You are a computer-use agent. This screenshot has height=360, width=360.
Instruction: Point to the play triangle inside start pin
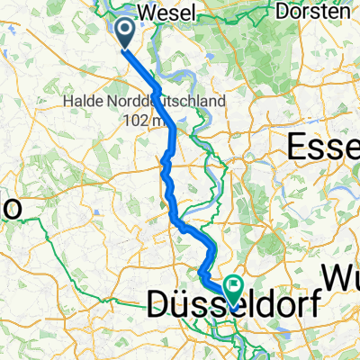(123, 31)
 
